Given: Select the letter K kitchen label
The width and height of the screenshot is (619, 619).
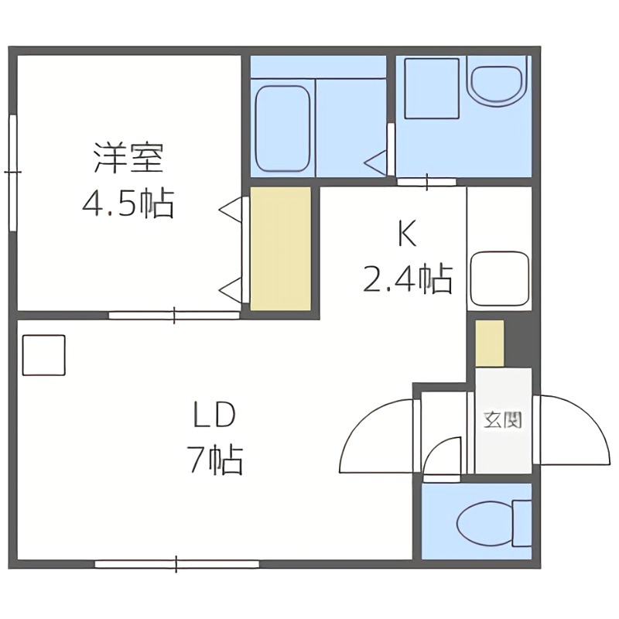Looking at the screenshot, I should pos(407,234).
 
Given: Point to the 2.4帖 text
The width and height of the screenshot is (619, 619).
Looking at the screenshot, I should pos(407,279).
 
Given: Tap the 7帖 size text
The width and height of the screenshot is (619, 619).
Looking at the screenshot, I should pos(214,461).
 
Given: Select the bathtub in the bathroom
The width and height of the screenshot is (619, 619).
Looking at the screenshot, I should pos(282,128).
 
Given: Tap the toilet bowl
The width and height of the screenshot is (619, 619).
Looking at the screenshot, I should pos(486,525).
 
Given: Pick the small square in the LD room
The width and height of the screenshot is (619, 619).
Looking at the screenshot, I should pos(44,354).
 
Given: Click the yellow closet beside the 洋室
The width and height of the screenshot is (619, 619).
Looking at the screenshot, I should pos(280,248).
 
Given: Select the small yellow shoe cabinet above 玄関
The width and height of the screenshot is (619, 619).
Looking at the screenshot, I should pos(489,343).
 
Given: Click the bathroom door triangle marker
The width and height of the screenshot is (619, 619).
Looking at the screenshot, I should pos(375,162).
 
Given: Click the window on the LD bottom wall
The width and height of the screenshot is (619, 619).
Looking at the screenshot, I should pos(176,564).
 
